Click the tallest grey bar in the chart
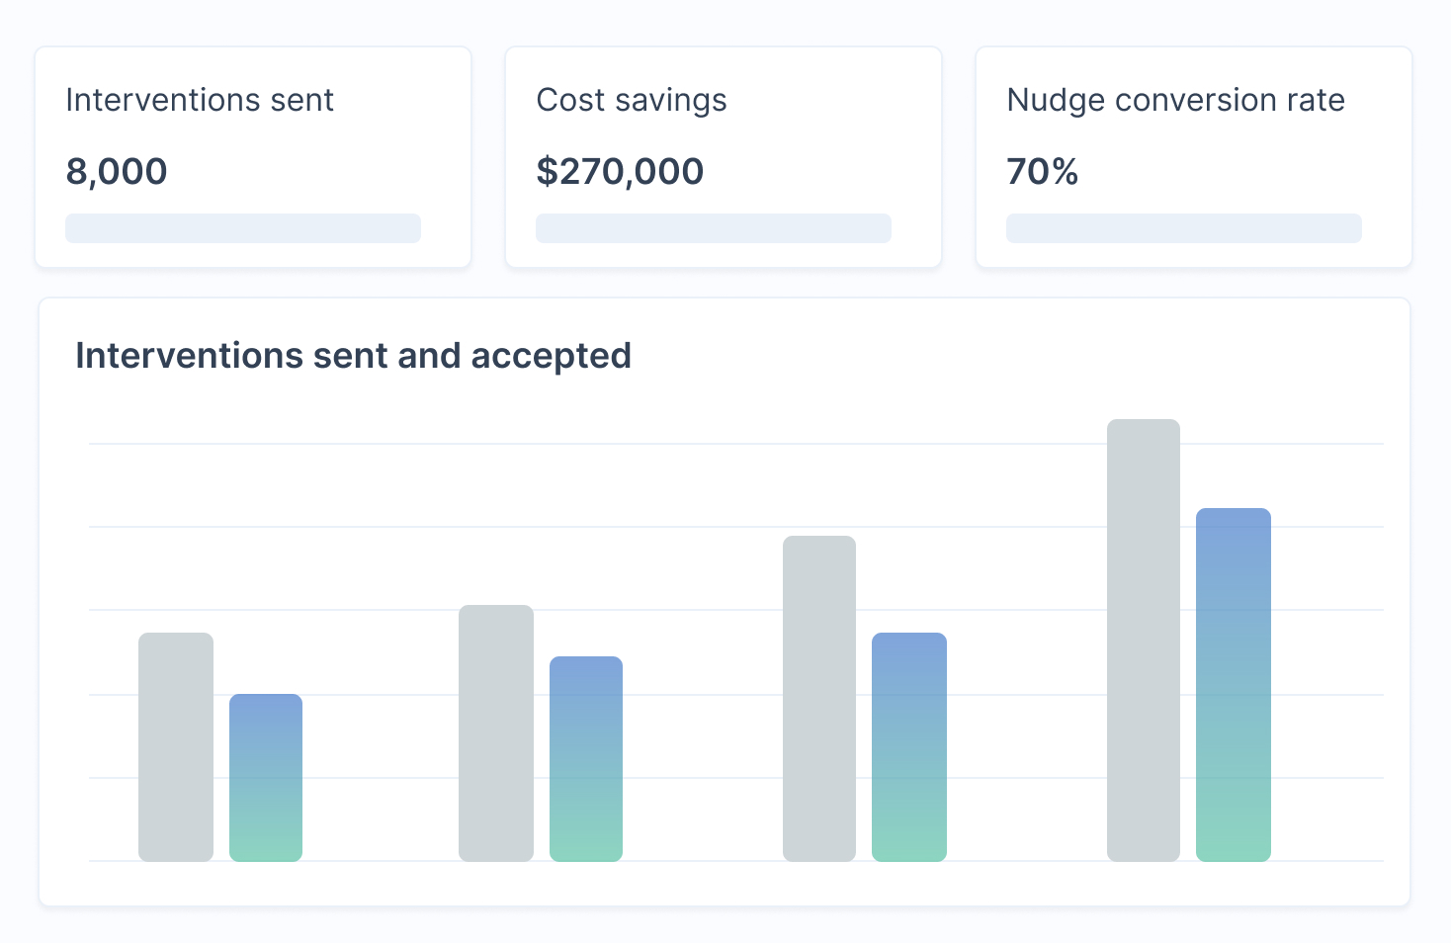pyautogui.click(x=1144, y=640)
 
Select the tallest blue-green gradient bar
pyautogui.click(x=1233, y=684)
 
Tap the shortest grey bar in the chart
pyautogui.click(x=176, y=746)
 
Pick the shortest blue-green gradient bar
pyautogui.click(x=266, y=777)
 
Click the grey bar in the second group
pyautogui.click(x=496, y=732)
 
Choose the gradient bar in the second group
pyautogui.click(x=586, y=758)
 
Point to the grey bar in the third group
pyautogui.click(x=819, y=698)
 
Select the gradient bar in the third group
pyautogui.click(x=909, y=746)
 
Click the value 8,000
pyautogui.click(x=117, y=172)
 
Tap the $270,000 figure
pyautogui.click(x=620, y=172)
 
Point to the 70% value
pyautogui.click(x=1042, y=172)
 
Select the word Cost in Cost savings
pyautogui.click(x=568, y=100)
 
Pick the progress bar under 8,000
pyautogui.click(x=243, y=228)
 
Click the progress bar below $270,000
pyautogui.click(x=714, y=228)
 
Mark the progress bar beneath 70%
pyautogui.click(x=1184, y=228)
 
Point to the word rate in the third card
pyautogui.click(x=1316, y=100)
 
